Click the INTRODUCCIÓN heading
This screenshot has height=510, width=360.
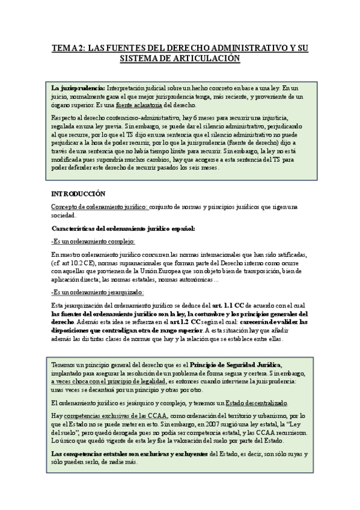pos(78,194)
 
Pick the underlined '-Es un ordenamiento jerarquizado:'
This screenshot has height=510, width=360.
pos(97,292)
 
